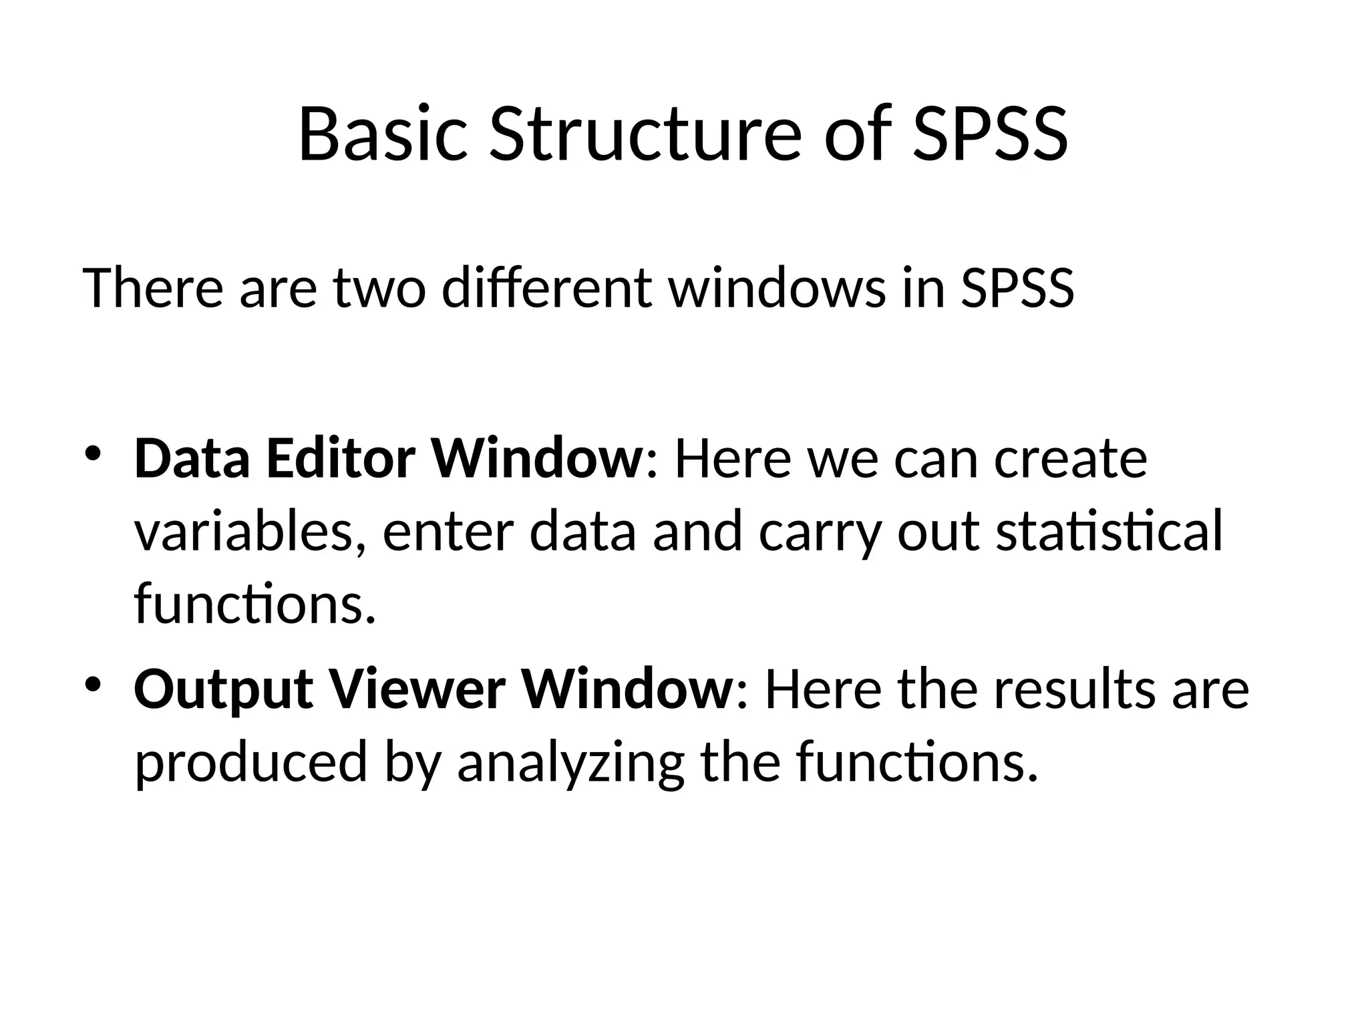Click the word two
pyautogui.click(x=379, y=288)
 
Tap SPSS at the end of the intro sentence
pyautogui.click(x=1017, y=288)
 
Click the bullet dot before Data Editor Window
pyautogui.click(x=92, y=454)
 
